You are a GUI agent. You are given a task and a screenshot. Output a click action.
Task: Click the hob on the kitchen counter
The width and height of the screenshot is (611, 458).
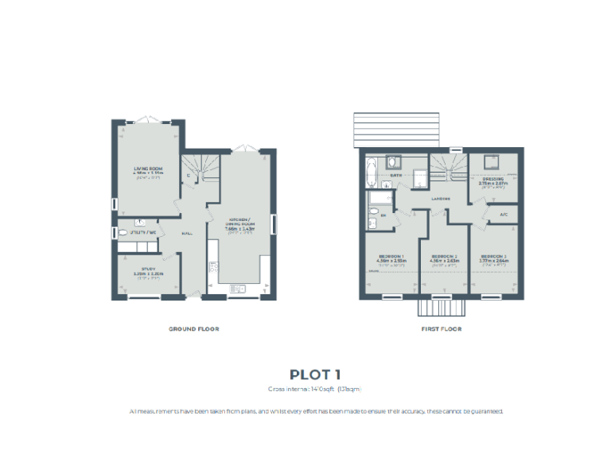pos(213,266)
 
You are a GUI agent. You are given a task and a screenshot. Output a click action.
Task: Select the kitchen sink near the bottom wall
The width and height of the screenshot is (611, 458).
pos(237,289)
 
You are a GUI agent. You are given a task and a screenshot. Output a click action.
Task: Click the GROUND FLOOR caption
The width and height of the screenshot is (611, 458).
pos(193,328)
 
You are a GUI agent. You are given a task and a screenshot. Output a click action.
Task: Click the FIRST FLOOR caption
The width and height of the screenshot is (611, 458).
pos(441,328)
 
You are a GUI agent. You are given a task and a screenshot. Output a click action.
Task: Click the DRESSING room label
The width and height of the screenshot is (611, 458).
pos(492,179)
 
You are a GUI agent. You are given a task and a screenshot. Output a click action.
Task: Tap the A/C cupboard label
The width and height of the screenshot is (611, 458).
pos(504,215)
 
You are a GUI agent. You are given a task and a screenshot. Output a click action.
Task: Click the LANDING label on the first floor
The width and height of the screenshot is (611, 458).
pos(442,199)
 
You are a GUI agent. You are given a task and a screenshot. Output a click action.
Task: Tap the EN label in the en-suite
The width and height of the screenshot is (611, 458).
pos(383,215)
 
